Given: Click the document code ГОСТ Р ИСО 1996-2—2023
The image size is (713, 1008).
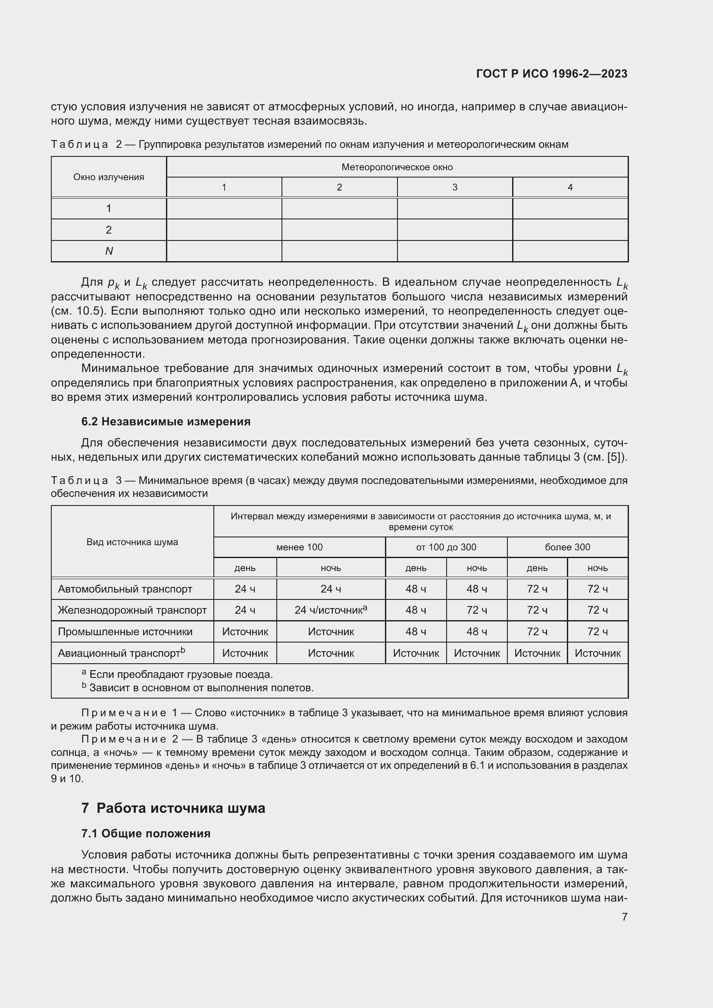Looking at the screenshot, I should pyautogui.click(x=551, y=74).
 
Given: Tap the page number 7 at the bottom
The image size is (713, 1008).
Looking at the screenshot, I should pyautogui.click(x=624, y=916).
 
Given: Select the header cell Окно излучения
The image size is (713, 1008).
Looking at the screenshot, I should pyautogui.click(x=109, y=177).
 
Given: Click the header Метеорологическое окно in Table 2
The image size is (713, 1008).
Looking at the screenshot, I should pyautogui.click(x=397, y=167).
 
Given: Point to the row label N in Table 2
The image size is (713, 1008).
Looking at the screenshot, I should pyautogui.click(x=109, y=251).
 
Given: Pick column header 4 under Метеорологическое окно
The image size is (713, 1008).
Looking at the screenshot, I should pyautogui.click(x=570, y=187).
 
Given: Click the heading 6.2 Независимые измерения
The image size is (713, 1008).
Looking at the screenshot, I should pyautogui.click(x=166, y=421).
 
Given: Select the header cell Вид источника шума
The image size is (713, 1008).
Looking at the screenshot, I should pyautogui.click(x=132, y=542).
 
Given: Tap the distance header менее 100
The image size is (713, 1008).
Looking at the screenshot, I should pyautogui.click(x=300, y=547).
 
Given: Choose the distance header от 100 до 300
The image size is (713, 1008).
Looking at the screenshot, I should pyautogui.click(x=446, y=547).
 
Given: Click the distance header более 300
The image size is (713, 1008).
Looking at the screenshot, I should pyautogui.click(x=567, y=547).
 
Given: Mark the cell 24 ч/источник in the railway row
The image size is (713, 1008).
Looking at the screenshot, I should pyautogui.click(x=331, y=610).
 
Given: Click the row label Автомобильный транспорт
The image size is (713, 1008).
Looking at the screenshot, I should pyautogui.click(x=125, y=589).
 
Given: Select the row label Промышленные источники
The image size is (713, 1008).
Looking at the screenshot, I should pyautogui.click(x=125, y=631).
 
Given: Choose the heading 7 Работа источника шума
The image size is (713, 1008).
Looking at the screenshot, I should pyautogui.click(x=173, y=808).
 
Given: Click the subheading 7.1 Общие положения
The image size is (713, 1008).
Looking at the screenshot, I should pyautogui.click(x=146, y=833).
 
